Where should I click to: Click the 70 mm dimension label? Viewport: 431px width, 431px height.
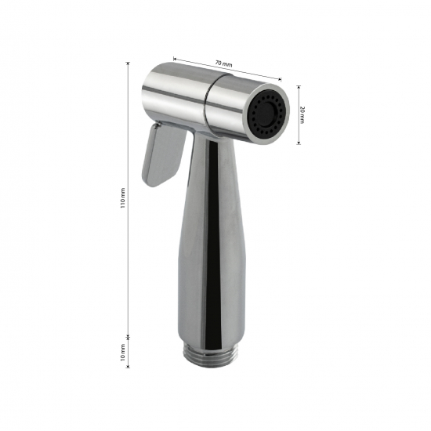(223, 63)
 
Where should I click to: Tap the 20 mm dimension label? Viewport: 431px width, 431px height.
(302, 114)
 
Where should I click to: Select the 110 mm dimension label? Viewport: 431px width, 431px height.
(122, 198)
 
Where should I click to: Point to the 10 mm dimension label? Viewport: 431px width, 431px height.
(122, 352)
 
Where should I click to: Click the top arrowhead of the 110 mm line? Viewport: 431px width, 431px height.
(128, 63)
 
